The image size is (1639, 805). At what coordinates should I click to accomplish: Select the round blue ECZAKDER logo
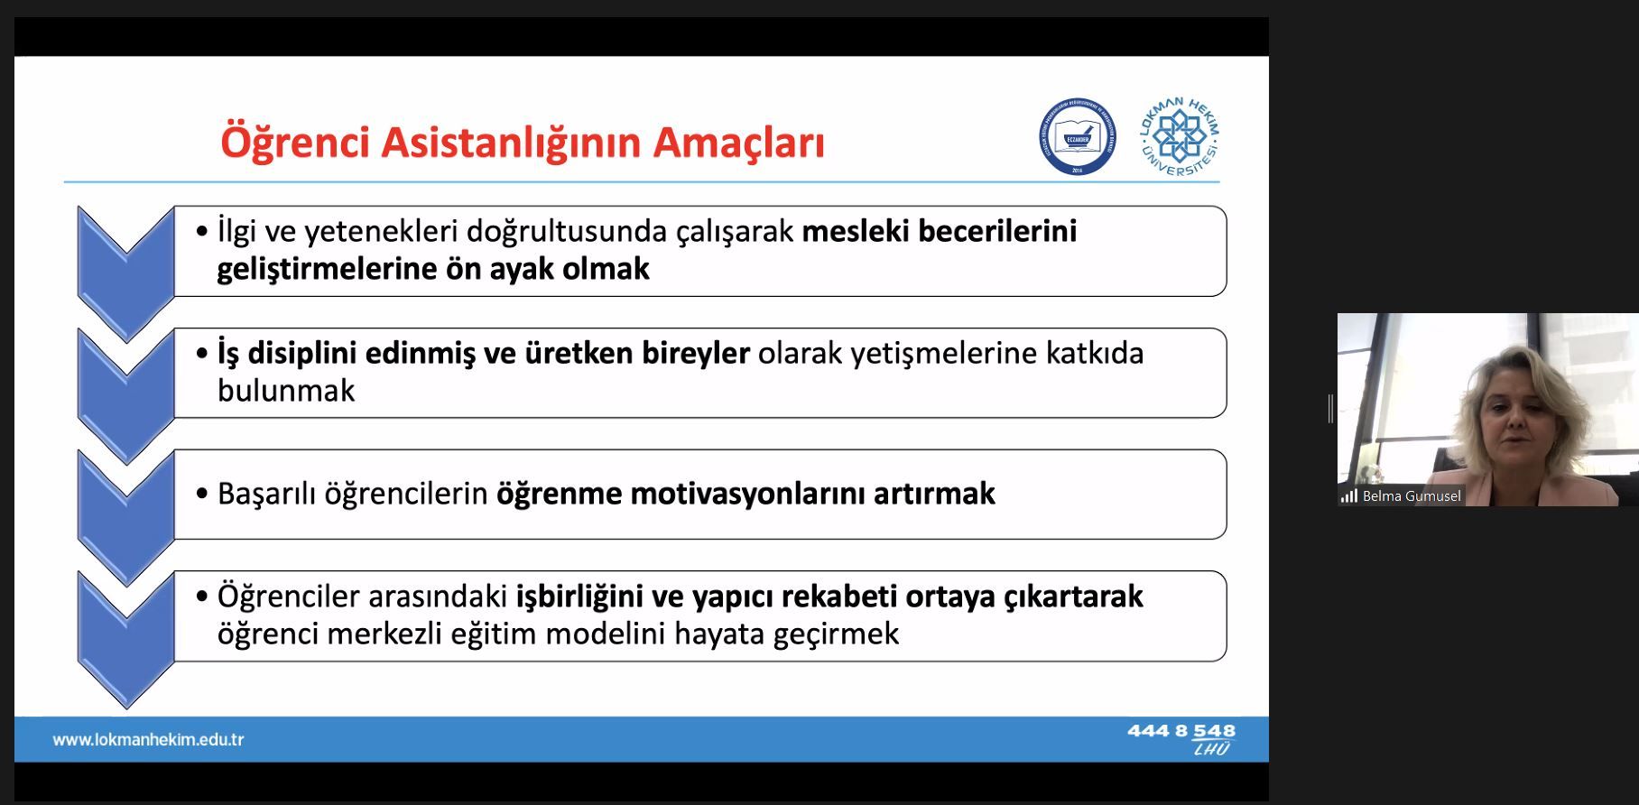coord(1077,137)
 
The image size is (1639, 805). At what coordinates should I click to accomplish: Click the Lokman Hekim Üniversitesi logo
coord(1180,137)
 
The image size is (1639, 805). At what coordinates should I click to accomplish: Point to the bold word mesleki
coord(856,231)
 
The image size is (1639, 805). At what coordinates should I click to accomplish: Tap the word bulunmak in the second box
coord(286,391)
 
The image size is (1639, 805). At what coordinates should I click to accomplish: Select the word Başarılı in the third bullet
coord(267,494)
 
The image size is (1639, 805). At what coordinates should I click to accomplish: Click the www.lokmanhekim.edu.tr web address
coord(148,740)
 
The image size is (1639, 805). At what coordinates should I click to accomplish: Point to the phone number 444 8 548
coord(1181,731)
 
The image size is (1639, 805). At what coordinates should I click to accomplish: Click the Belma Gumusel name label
coord(1412,496)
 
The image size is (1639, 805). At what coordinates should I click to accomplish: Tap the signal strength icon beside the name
coord(1349,496)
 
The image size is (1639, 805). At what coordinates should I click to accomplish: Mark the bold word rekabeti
coord(838,597)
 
